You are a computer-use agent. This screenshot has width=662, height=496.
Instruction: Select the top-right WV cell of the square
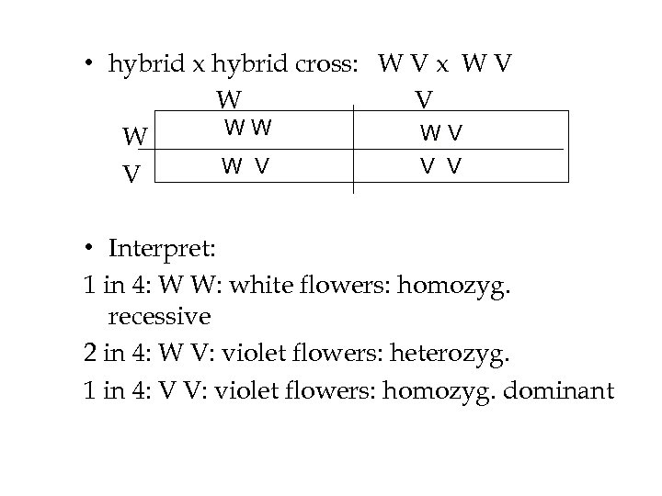pyautogui.click(x=441, y=132)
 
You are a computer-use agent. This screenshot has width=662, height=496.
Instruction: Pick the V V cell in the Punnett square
pyautogui.click(x=440, y=166)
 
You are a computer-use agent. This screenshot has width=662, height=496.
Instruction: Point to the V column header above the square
pyautogui.click(x=424, y=98)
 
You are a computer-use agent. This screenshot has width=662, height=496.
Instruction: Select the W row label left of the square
pyautogui.click(x=135, y=138)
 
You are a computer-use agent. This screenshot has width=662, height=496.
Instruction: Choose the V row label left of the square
pyautogui.click(x=133, y=173)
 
